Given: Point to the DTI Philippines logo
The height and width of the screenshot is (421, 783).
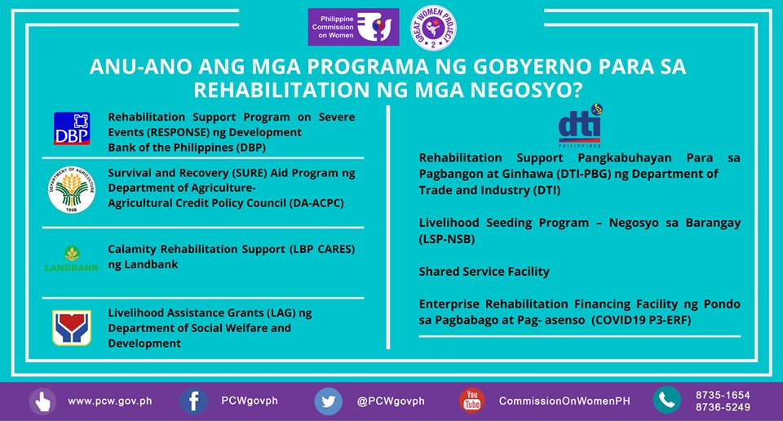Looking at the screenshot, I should tap(581, 126).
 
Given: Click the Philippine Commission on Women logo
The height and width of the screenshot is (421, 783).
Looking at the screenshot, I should tap(353, 28).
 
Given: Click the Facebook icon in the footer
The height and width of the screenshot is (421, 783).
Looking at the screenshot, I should tap(193, 401).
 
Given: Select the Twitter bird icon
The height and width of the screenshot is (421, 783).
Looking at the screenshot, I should tap(329, 401).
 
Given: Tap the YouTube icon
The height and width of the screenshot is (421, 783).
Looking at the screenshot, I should tap(471, 401).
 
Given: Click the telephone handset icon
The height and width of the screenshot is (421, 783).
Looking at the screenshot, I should tap(666, 400).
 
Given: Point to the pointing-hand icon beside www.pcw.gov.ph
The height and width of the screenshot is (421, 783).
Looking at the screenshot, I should tap(42, 401).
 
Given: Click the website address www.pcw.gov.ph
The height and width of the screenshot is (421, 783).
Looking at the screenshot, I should tap(109, 401).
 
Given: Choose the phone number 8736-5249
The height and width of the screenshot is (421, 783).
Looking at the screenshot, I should tap(723, 407).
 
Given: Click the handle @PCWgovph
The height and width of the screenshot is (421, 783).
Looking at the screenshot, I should tap(391, 401).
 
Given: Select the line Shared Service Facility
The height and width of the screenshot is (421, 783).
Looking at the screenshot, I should tap(484, 272).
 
